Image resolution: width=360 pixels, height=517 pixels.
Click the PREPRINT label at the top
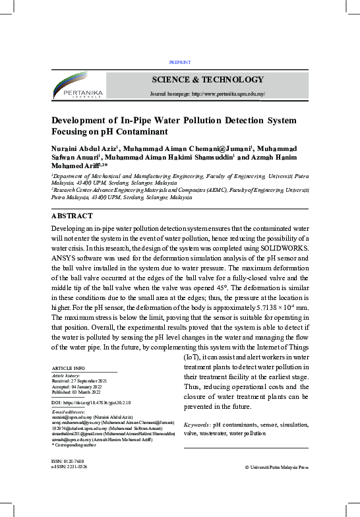tap(180, 62)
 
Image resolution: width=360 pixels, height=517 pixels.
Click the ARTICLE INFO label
tap(68, 367)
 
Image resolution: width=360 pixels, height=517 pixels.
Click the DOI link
tap(92, 402)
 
